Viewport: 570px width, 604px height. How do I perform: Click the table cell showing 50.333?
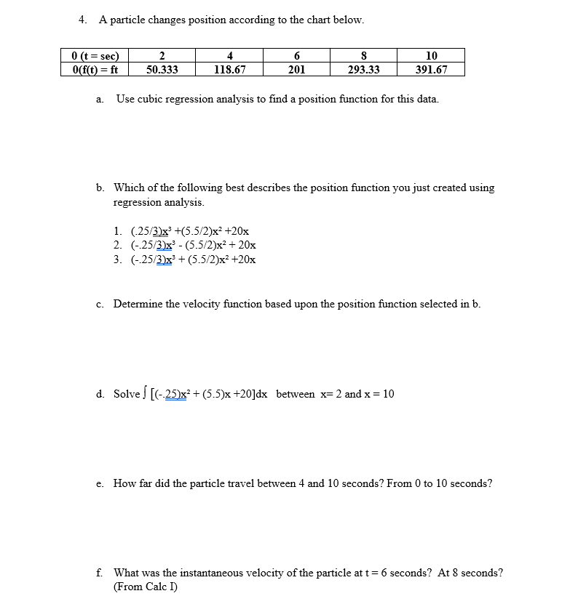coord(162,70)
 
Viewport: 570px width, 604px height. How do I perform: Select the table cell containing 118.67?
coord(229,70)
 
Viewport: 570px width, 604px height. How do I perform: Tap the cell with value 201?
coord(296,70)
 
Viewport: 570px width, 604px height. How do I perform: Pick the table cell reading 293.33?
coord(363,70)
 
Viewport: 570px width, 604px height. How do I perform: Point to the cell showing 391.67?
coord(431,70)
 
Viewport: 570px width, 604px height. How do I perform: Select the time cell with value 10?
coord(431,56)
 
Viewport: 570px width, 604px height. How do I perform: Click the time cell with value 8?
coord(363,56)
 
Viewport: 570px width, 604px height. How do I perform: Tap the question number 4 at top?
coord(82,20)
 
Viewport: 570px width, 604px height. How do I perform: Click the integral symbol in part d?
coord(144,394)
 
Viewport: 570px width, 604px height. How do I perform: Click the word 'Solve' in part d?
coord(126,394)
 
